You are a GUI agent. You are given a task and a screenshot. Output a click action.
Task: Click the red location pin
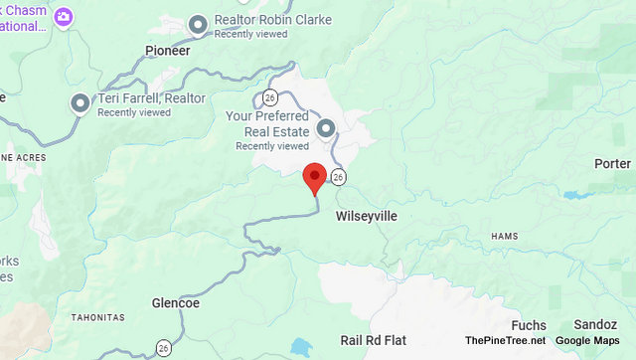tap(314, 177)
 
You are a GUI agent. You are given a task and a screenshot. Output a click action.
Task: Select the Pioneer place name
tap(167, 50)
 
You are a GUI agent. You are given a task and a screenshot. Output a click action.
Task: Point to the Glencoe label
tap(176, 302)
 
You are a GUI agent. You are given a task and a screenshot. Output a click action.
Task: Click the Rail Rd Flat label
tap(374, 339)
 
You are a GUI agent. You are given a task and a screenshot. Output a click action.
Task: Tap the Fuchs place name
tap(528, 325)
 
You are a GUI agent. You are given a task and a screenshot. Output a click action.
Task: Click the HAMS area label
tap(505, 236)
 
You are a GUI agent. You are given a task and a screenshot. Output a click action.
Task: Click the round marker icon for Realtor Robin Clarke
tap(199, 23)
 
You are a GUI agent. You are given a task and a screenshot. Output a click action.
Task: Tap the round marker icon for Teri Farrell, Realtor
tap(80, 102)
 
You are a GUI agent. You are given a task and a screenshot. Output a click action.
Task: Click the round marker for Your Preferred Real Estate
tap(325, 128)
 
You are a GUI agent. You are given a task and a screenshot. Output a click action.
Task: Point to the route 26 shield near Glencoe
tap(162, 346)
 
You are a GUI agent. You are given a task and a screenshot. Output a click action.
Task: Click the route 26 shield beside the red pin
tap(339, 177)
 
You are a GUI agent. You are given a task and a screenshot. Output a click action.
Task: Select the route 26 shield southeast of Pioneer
tap(270, 97)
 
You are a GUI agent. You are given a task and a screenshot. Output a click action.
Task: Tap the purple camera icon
tap(65, 17)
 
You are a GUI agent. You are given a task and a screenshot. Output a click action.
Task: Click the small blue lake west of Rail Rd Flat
tap(299, 348)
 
